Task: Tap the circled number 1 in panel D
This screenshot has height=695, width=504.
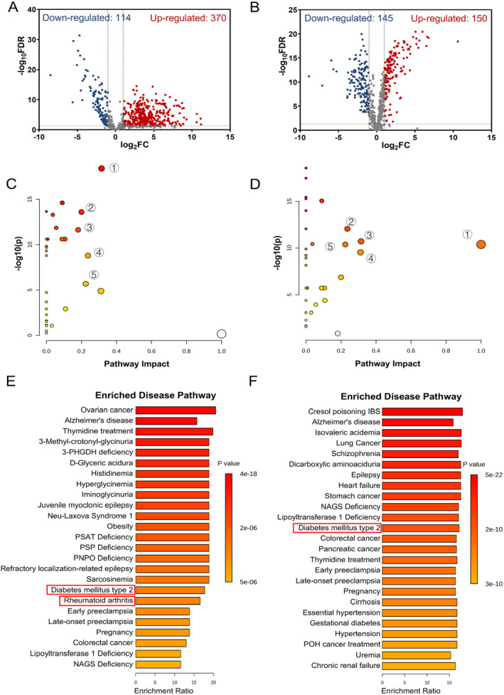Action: coord(466,235)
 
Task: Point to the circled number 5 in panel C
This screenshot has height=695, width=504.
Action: coord(95,275)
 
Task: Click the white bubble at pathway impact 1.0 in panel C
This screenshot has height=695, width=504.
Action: coord(222,334)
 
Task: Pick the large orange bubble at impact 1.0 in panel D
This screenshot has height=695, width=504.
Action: coord(481,245)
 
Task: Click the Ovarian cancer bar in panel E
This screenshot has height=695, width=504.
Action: coord(175,410)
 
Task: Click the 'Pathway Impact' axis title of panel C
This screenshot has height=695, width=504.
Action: coord(134,363)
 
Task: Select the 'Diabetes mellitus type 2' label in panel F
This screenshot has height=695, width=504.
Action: coord(340,528)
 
